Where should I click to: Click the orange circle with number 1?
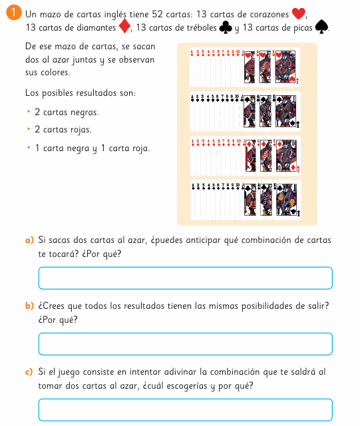pyautogui.click(x=13, y=13)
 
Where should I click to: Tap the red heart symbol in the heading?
pyautogui.click(x=298, y=13)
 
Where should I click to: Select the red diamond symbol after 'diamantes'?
pyautogui.click(x=124, y=26)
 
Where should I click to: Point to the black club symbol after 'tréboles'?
pyautogui.click(x=226, y=27)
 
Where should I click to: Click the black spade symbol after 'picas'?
pyautogui.click(x=321, y=27)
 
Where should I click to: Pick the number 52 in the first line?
pyautogui.click(x=157, y=14)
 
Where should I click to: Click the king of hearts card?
pyautogui.click(x=286, y=67)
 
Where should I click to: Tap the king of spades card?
pyautogui.click(x=286, y=111)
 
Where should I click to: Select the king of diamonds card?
pyautogui.click(x=287, y=156)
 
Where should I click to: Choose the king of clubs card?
pyautogui.click(x=287, y=200)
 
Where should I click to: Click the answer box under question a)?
pyautogui.click(x=186, y=278)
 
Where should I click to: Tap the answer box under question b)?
pyautogui.click(x=186, y=344)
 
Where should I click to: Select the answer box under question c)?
pyautogui.click(x=186, y=410)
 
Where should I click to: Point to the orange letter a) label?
pyautogui.click(x=29, y=240)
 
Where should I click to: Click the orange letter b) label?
pyautogui.click(x=29, y=306)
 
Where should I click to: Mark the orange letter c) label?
pyautogui.click(x=29, y=371)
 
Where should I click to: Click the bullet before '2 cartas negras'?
pyautogui.click(x=29, y=111)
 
